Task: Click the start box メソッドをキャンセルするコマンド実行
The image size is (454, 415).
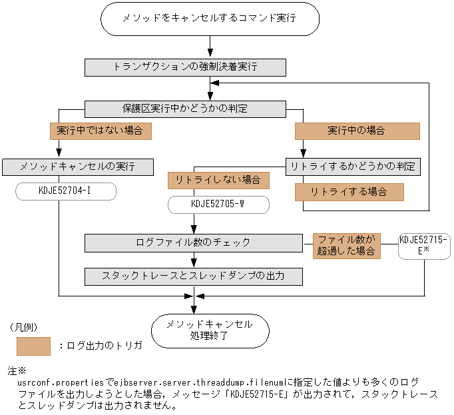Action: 209,19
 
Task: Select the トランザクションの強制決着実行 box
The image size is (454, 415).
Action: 186,67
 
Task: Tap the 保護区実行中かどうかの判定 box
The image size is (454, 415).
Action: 186,108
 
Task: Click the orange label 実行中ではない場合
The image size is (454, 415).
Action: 101,131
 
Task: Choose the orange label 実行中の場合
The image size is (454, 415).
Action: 357,131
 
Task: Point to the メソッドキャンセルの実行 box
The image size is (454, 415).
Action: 79,166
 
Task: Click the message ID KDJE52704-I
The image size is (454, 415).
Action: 66,191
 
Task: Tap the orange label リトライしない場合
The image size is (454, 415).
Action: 218,180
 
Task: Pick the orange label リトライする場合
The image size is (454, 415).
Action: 349,192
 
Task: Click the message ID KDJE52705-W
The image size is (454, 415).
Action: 218,204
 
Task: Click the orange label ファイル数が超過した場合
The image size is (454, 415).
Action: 346,246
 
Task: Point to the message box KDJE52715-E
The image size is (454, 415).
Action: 424,245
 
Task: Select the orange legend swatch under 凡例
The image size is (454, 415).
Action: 33,346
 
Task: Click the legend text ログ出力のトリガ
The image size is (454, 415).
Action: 100,346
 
